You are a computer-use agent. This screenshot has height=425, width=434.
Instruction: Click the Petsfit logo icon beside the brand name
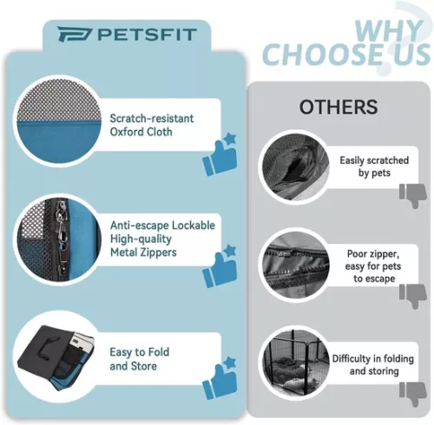tap(75, 34)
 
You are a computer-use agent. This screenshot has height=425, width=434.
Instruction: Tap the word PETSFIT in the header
tap(148, 35)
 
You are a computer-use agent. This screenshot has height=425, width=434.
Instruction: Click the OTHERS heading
tap(339, 107)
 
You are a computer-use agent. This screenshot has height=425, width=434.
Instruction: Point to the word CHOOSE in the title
tap(325, 54)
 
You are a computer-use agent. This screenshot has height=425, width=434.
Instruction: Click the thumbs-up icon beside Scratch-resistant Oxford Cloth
tap(220, 154)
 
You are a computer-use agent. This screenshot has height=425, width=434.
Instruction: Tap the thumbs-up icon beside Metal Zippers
tap(220, 266)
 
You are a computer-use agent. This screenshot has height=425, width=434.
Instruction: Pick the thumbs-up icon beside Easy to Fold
tap(220, 378)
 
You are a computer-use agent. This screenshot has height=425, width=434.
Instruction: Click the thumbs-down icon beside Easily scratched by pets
tap(413, 195)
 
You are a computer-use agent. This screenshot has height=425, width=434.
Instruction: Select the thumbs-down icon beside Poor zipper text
tap(413, 296)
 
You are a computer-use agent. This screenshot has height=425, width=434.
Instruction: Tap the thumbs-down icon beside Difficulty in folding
tap(413, 394)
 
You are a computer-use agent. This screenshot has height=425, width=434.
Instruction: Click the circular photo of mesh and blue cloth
tap(59, 121)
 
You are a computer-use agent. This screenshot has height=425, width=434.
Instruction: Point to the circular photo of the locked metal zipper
tap(59, 239)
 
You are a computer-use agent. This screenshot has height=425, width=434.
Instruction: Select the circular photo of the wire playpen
tap(295, 362)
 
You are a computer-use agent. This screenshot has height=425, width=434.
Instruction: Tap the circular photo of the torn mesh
tap(295, 167)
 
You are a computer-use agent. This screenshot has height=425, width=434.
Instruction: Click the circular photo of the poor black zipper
tap(295, 265)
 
